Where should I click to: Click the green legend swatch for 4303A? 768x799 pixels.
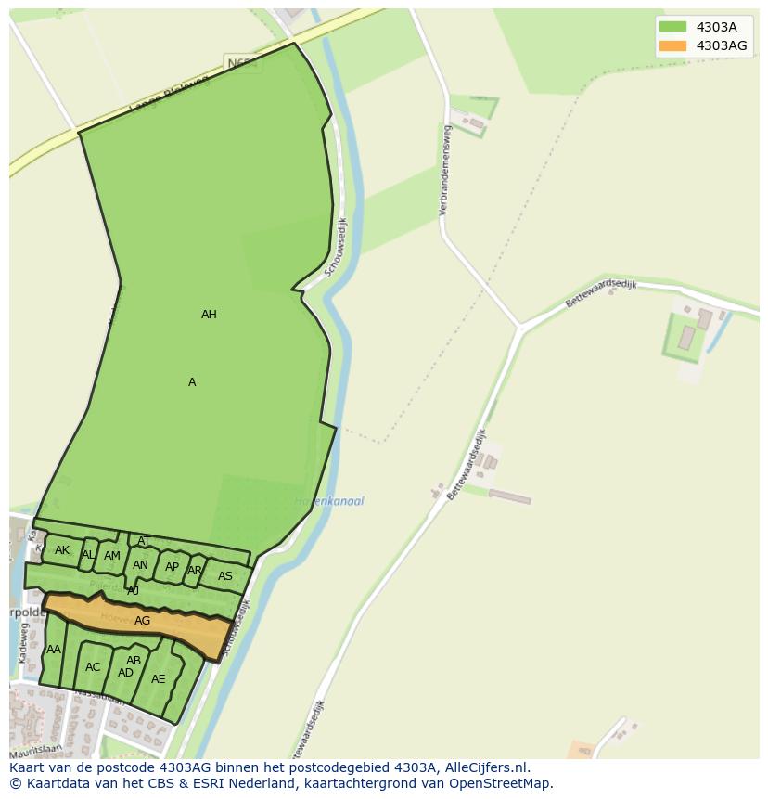pos(672,27)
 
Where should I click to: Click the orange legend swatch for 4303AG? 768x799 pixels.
pos(672,45)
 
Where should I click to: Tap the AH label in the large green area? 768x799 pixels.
pos(209,315)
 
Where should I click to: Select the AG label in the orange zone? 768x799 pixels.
pos(142,621)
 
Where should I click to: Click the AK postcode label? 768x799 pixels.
pos(62,550)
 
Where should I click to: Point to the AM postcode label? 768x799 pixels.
pos(112,556)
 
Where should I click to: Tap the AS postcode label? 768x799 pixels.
pos(225,576)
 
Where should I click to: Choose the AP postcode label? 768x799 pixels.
pos(172,567)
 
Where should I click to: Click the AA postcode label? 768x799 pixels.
pos(54,650)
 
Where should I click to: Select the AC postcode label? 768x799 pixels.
pos(93,667)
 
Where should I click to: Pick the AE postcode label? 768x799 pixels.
pos(159,679)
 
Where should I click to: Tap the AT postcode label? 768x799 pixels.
pos(144,541)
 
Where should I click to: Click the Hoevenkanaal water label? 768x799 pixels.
pos(329,501)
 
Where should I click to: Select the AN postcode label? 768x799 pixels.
pos(140,565)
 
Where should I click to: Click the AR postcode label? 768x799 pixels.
pos(195,571)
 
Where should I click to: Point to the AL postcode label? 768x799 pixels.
pos(88,555)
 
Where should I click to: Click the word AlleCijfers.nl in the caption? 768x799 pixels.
pos(483,767)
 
